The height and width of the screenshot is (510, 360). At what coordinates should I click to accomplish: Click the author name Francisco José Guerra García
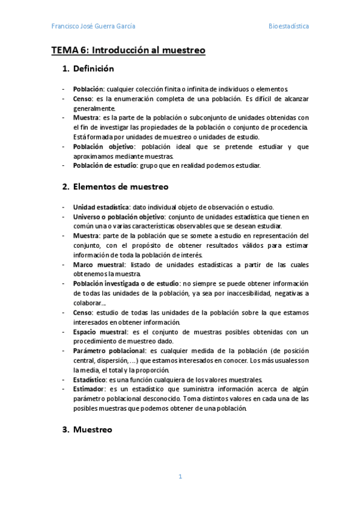93,26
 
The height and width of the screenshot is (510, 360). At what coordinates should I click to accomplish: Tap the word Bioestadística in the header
288,26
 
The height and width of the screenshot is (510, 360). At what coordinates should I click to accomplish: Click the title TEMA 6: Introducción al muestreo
128,51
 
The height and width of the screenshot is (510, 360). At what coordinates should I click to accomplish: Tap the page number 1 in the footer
180,476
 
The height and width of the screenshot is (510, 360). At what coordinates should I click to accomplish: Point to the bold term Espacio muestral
100,331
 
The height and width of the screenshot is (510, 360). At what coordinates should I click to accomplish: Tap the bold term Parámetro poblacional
109,351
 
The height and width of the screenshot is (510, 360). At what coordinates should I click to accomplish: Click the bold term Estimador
90,389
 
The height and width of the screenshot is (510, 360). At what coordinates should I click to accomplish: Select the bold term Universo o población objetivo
119,217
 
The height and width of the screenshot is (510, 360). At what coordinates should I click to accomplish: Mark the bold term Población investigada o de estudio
126,283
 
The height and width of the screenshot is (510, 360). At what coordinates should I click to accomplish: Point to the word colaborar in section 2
88,303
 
